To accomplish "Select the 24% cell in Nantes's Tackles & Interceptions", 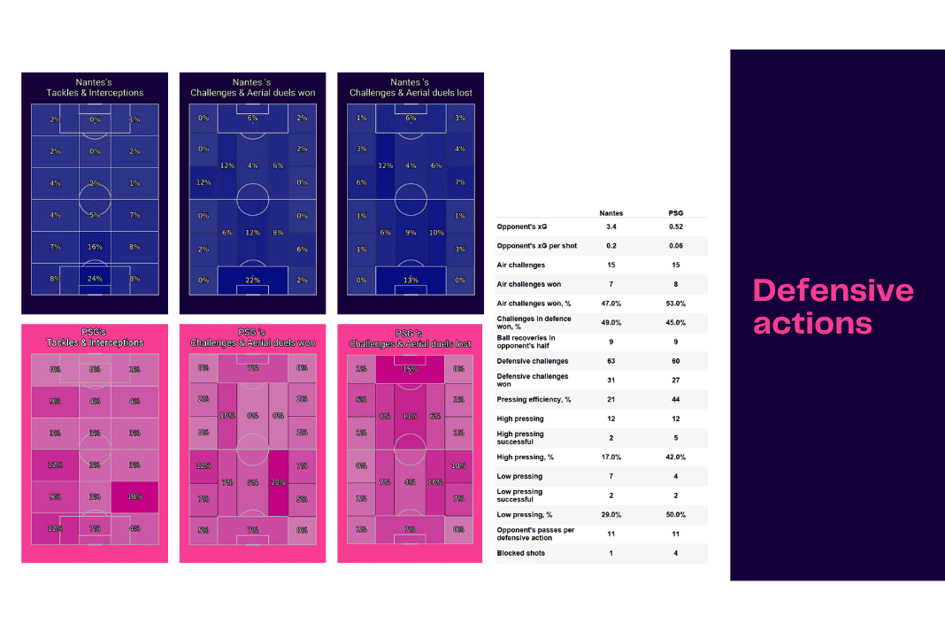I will click(95, 280).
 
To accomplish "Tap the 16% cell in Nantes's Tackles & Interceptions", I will click(95, 247).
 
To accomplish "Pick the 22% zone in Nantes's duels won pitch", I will click(253, 280).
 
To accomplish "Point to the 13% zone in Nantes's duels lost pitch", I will click(411, 280).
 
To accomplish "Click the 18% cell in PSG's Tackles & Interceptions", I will click(134, 497).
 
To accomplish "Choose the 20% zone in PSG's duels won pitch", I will click(279, 482).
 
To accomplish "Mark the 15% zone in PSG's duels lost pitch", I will click(411, 368).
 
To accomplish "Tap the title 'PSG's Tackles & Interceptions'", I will click(95, 337).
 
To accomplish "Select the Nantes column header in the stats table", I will click(611, 212).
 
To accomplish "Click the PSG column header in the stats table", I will click(676, 212).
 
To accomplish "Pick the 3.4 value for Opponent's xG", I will click(611, 227).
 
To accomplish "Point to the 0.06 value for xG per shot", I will click(676, 245).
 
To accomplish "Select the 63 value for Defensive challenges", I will click(611, 361).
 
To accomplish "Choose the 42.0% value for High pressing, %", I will click(676, 457).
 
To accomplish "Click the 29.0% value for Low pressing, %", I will click(611, 515).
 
